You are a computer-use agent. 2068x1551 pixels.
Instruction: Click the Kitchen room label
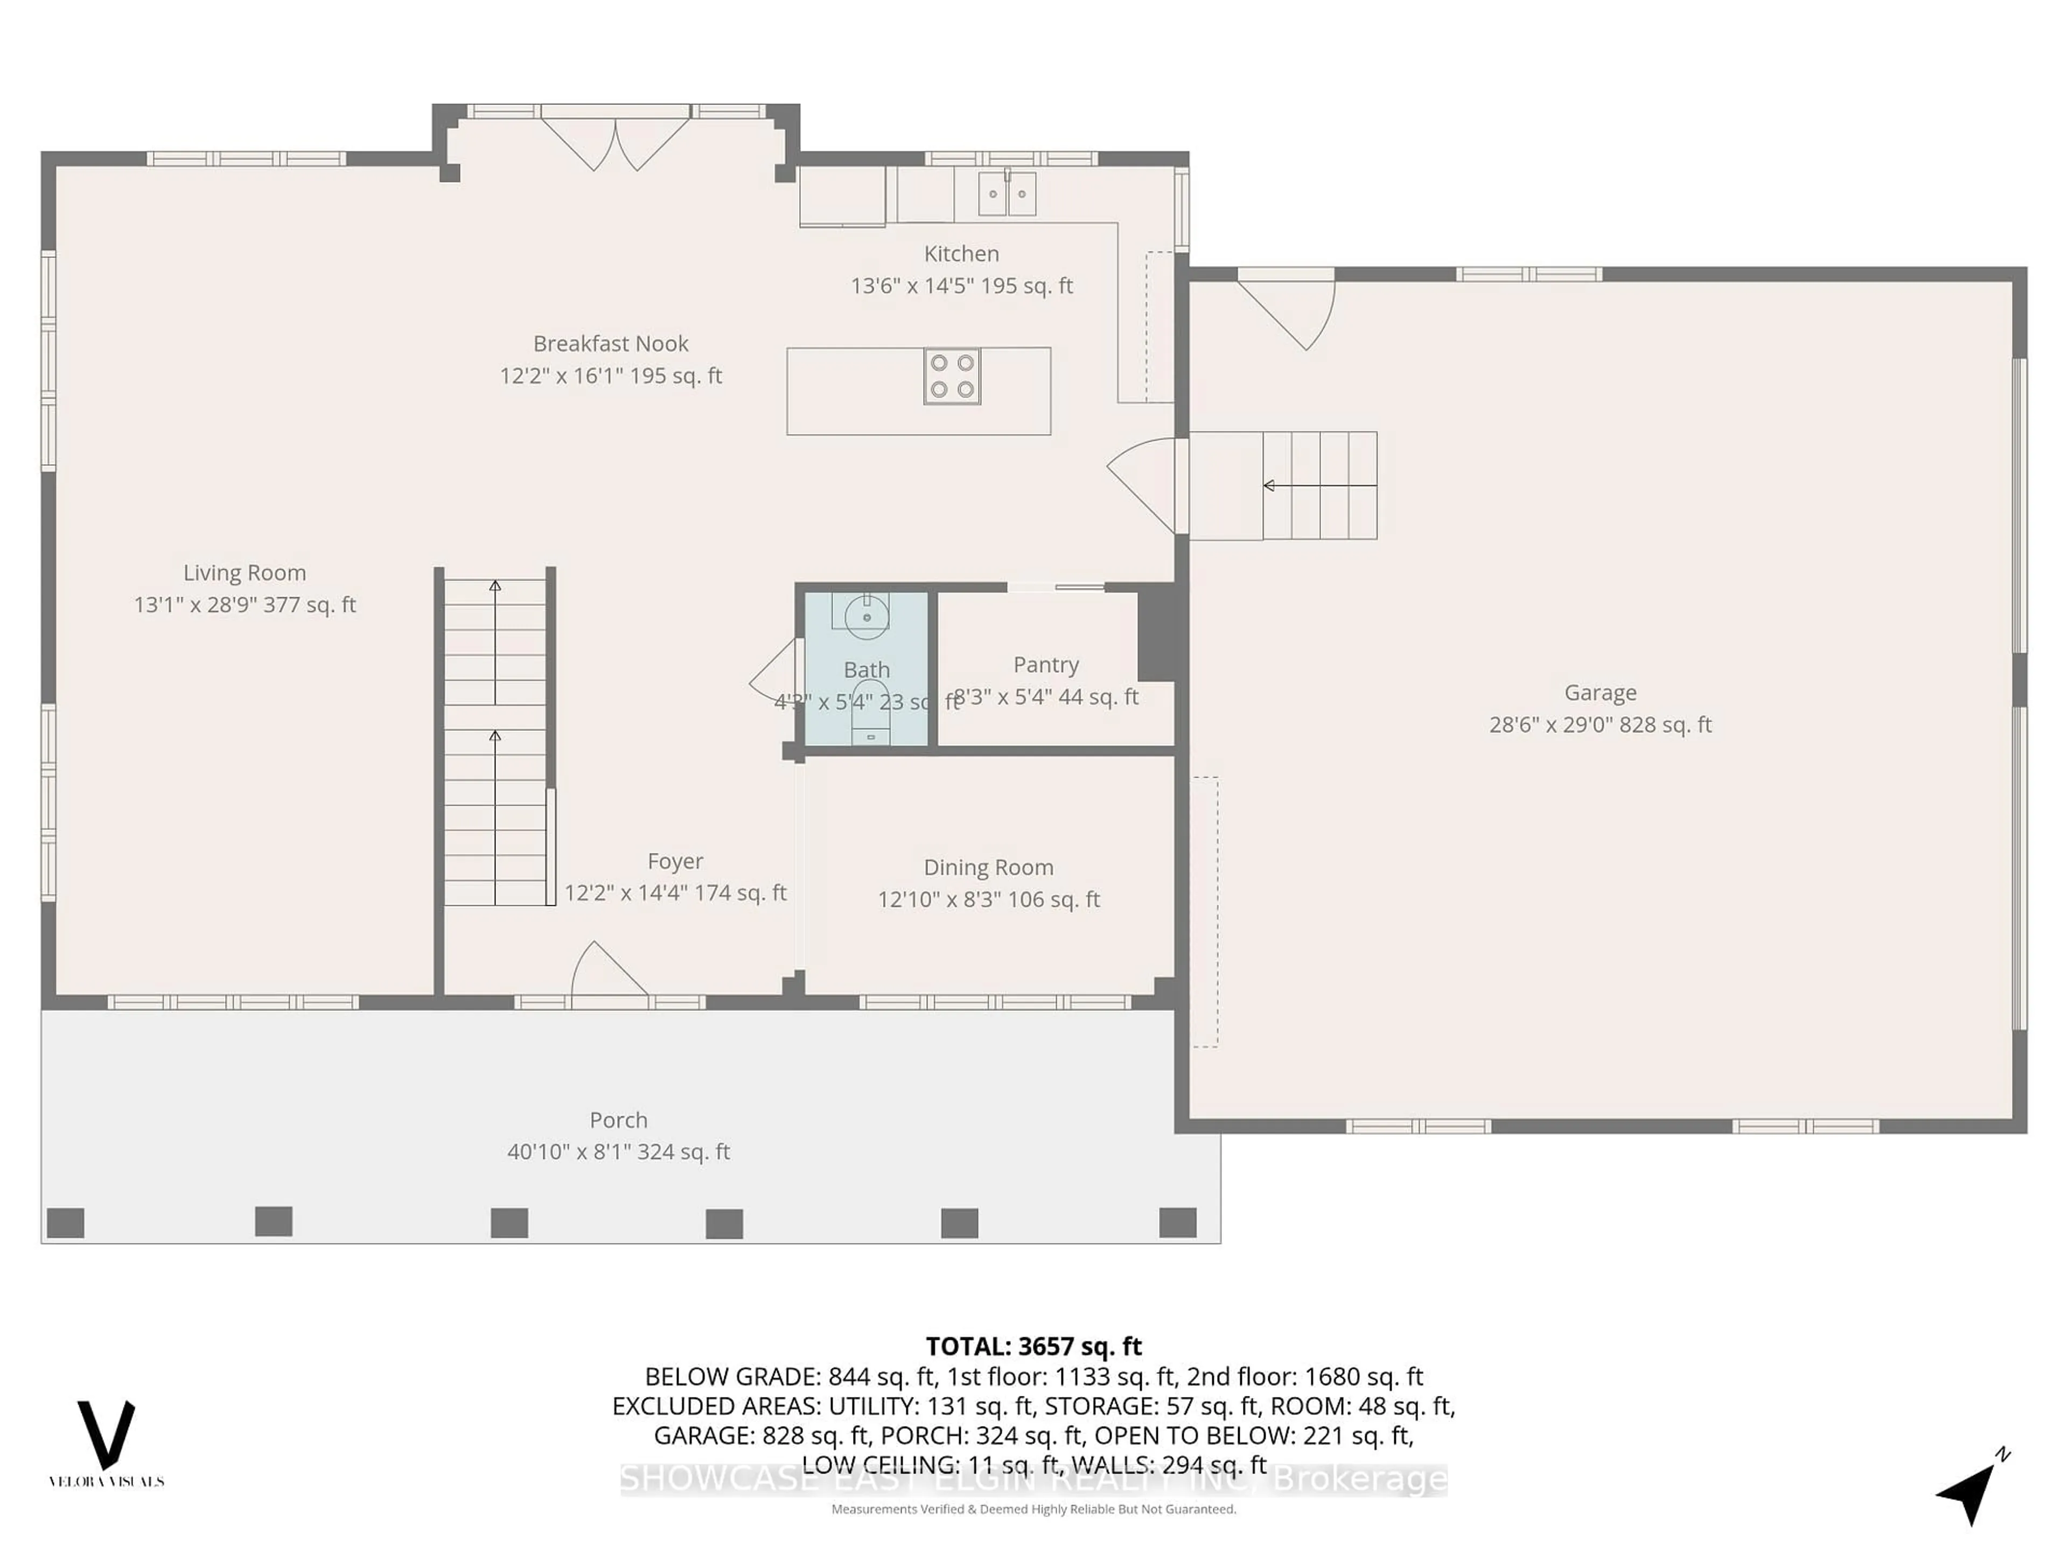point(961,253)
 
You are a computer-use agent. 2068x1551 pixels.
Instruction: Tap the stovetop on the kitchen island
point(952,376)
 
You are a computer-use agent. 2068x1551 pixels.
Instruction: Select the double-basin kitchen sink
point(1007,194)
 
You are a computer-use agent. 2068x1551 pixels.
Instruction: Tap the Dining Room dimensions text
point(988,899)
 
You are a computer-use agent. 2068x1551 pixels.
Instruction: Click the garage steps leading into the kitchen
point(1318,485)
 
